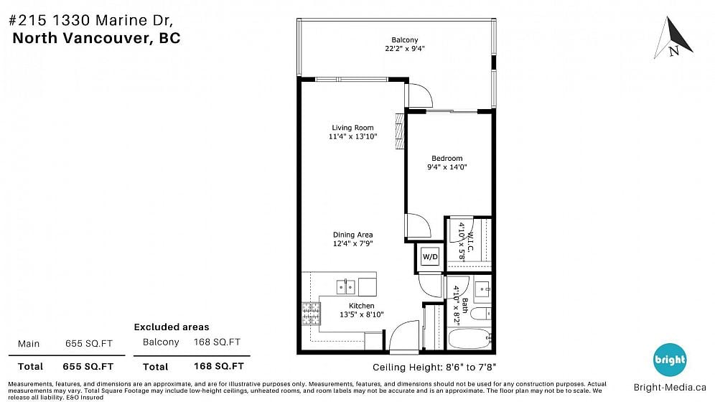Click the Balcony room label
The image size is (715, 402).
click(x=404, y=40)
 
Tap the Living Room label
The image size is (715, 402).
click(x=352, y=128)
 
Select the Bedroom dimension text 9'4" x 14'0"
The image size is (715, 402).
click(x=447, y=167)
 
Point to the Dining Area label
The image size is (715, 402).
click(x=352, y=235)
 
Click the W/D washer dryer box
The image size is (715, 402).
click(x=430, y=256)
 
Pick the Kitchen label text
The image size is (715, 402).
click(x=362, y=306)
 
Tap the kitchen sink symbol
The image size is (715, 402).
click(x=345, y=287)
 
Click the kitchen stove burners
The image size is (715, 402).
click(x=311, y=314)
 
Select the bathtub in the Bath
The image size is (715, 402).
click(x=469, y=340)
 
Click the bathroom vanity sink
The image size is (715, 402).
click(x=483, y=289)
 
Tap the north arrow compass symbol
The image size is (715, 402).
click(x=673, y=38)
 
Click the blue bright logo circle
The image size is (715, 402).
click(x=670, y=360)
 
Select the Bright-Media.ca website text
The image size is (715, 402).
click(x=670, y=388)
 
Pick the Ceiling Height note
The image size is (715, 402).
click(x=434, y=368)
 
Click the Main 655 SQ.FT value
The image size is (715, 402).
click(x=89, y=344)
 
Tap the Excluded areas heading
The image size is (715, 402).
click(x=172, y=327)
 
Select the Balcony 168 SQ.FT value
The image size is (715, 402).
click(x=217, y=342)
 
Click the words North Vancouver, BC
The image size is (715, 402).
click(x=97, y=38)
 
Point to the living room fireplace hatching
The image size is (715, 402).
click(x=400, y=131)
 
